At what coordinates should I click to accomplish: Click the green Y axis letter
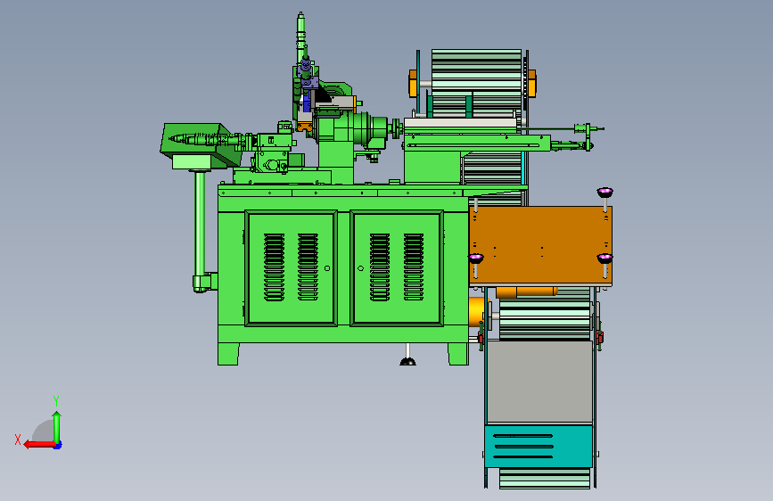pos(56,400)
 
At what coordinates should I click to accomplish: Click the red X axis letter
pos(18,439)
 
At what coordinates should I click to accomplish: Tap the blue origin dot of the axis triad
pos(58,445)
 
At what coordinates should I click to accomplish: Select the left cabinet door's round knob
pos(327,268)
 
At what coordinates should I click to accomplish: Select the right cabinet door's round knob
pos(360,268)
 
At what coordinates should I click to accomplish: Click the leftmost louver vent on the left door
pos(274,267)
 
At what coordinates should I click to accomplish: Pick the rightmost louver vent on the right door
pos(414,267)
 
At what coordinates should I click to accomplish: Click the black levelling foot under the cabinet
pos(407,361)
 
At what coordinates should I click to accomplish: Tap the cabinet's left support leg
pos(228,354)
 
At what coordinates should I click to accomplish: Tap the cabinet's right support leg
pos(458,354)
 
